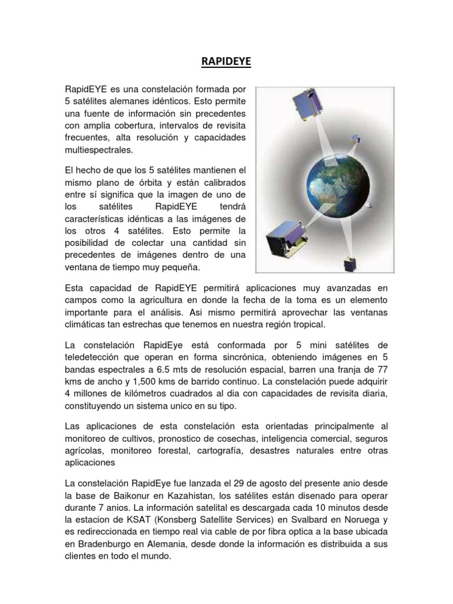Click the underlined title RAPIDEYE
226,63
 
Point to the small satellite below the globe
351,264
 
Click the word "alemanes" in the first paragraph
138,101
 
